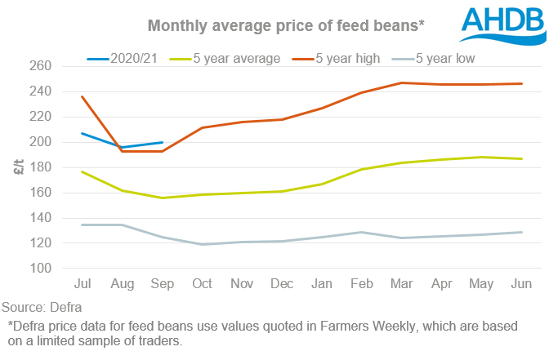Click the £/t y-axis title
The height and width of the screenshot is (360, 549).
(x=17, y=167)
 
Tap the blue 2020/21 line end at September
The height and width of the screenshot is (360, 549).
(x=163, y=142)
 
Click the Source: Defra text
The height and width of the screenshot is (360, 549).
(x=38, y=309)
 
